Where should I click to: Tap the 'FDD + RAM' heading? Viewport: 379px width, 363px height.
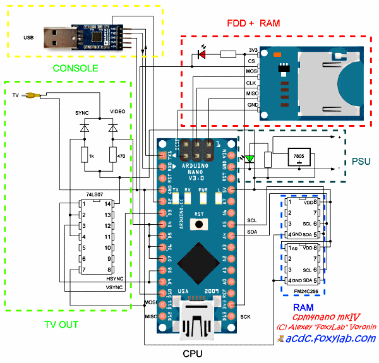[253, 23]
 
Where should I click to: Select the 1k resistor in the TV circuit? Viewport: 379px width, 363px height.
[84, 155]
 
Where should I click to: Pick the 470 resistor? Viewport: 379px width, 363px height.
[114, 155]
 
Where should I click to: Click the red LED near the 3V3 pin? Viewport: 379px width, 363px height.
[202, 54]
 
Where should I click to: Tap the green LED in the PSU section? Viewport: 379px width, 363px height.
[250, 156]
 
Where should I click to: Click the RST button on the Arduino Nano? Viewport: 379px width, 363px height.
[200, 223]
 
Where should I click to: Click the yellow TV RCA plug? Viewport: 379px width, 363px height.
[32, 95]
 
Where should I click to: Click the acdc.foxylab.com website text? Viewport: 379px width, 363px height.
[330, 339]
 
